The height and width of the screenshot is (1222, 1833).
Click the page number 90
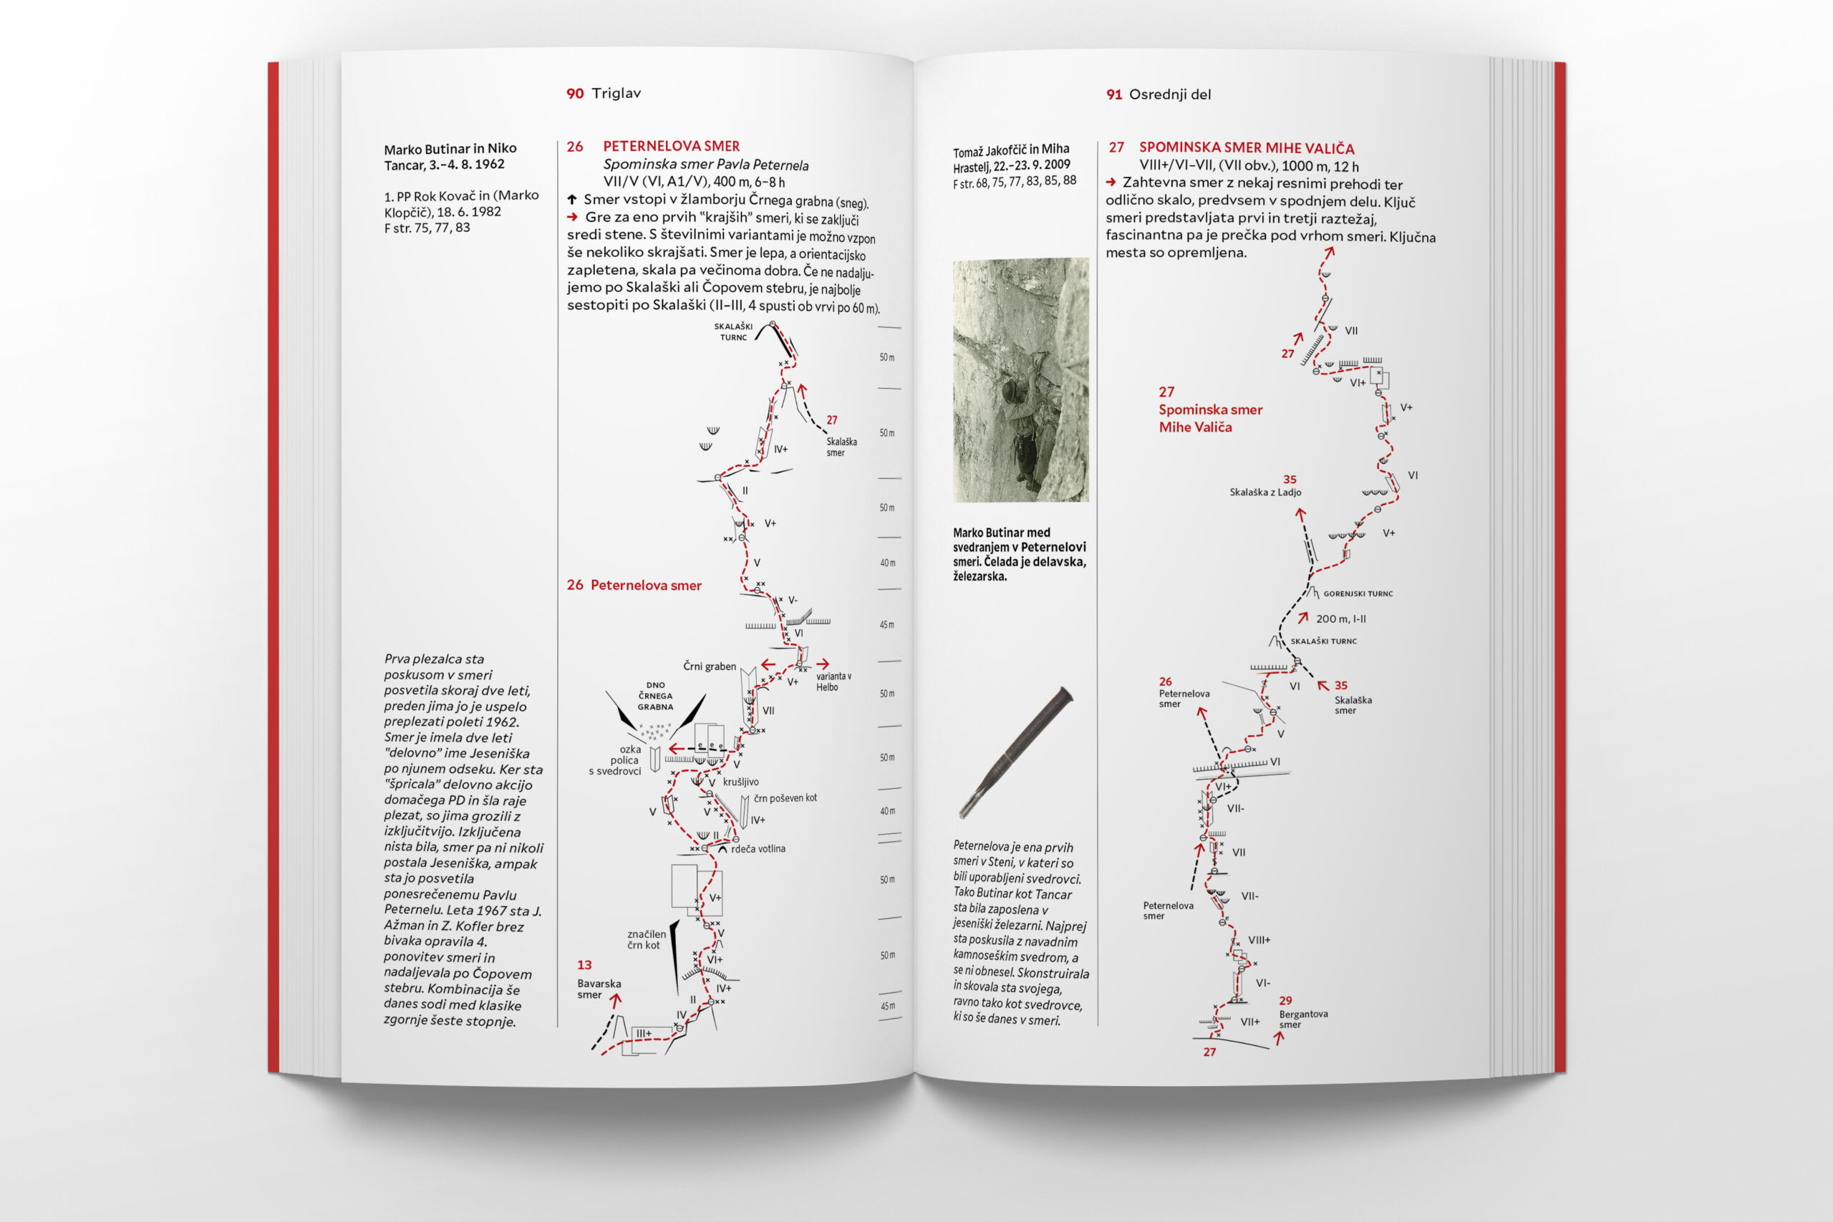(574, 94)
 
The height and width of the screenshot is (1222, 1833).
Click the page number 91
(1113, 94)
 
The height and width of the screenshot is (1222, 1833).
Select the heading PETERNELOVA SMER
(671, 146)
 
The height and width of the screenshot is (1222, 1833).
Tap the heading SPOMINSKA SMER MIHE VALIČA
(1246, 147)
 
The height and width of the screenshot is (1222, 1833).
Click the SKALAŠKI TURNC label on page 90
(733, 332)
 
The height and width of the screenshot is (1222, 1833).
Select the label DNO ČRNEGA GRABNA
(655, 696)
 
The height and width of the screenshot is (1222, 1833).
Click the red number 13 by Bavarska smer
(584, 965)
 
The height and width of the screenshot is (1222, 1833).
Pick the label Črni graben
(709, 666)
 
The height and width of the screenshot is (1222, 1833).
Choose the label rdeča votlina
(758, 849)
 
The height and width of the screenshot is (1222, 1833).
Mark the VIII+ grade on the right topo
(1259, 940)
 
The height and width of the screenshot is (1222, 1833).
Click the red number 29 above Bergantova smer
(1285, 1000)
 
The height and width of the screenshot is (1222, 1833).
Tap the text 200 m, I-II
(1340, 619)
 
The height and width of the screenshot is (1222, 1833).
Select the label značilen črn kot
(646, 939)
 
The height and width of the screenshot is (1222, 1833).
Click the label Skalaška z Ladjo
(1265, 492)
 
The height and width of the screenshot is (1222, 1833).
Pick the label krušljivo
(740, 782)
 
